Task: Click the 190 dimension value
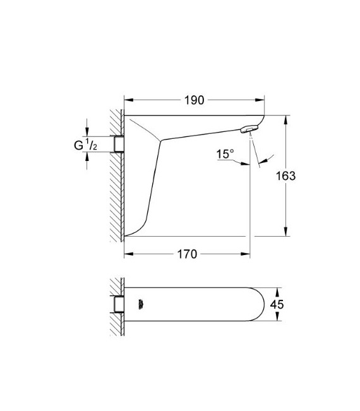pyautogui.click(x=194, y=100)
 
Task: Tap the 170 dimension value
pyautogui.click(x=187, y=254)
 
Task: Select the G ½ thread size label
pyautogui.click(x=85, y=145)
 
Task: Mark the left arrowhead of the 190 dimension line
pyautogui.click(x=128, y=100)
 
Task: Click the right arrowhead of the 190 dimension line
pyautogui.click(x=261, y=100)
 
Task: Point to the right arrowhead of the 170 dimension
pyautogui.click(x=247, y=254)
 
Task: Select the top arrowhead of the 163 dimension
pyautogui.click(x=287, y=119)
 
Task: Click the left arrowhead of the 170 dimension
pyautogui.click(x=128, y=254)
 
